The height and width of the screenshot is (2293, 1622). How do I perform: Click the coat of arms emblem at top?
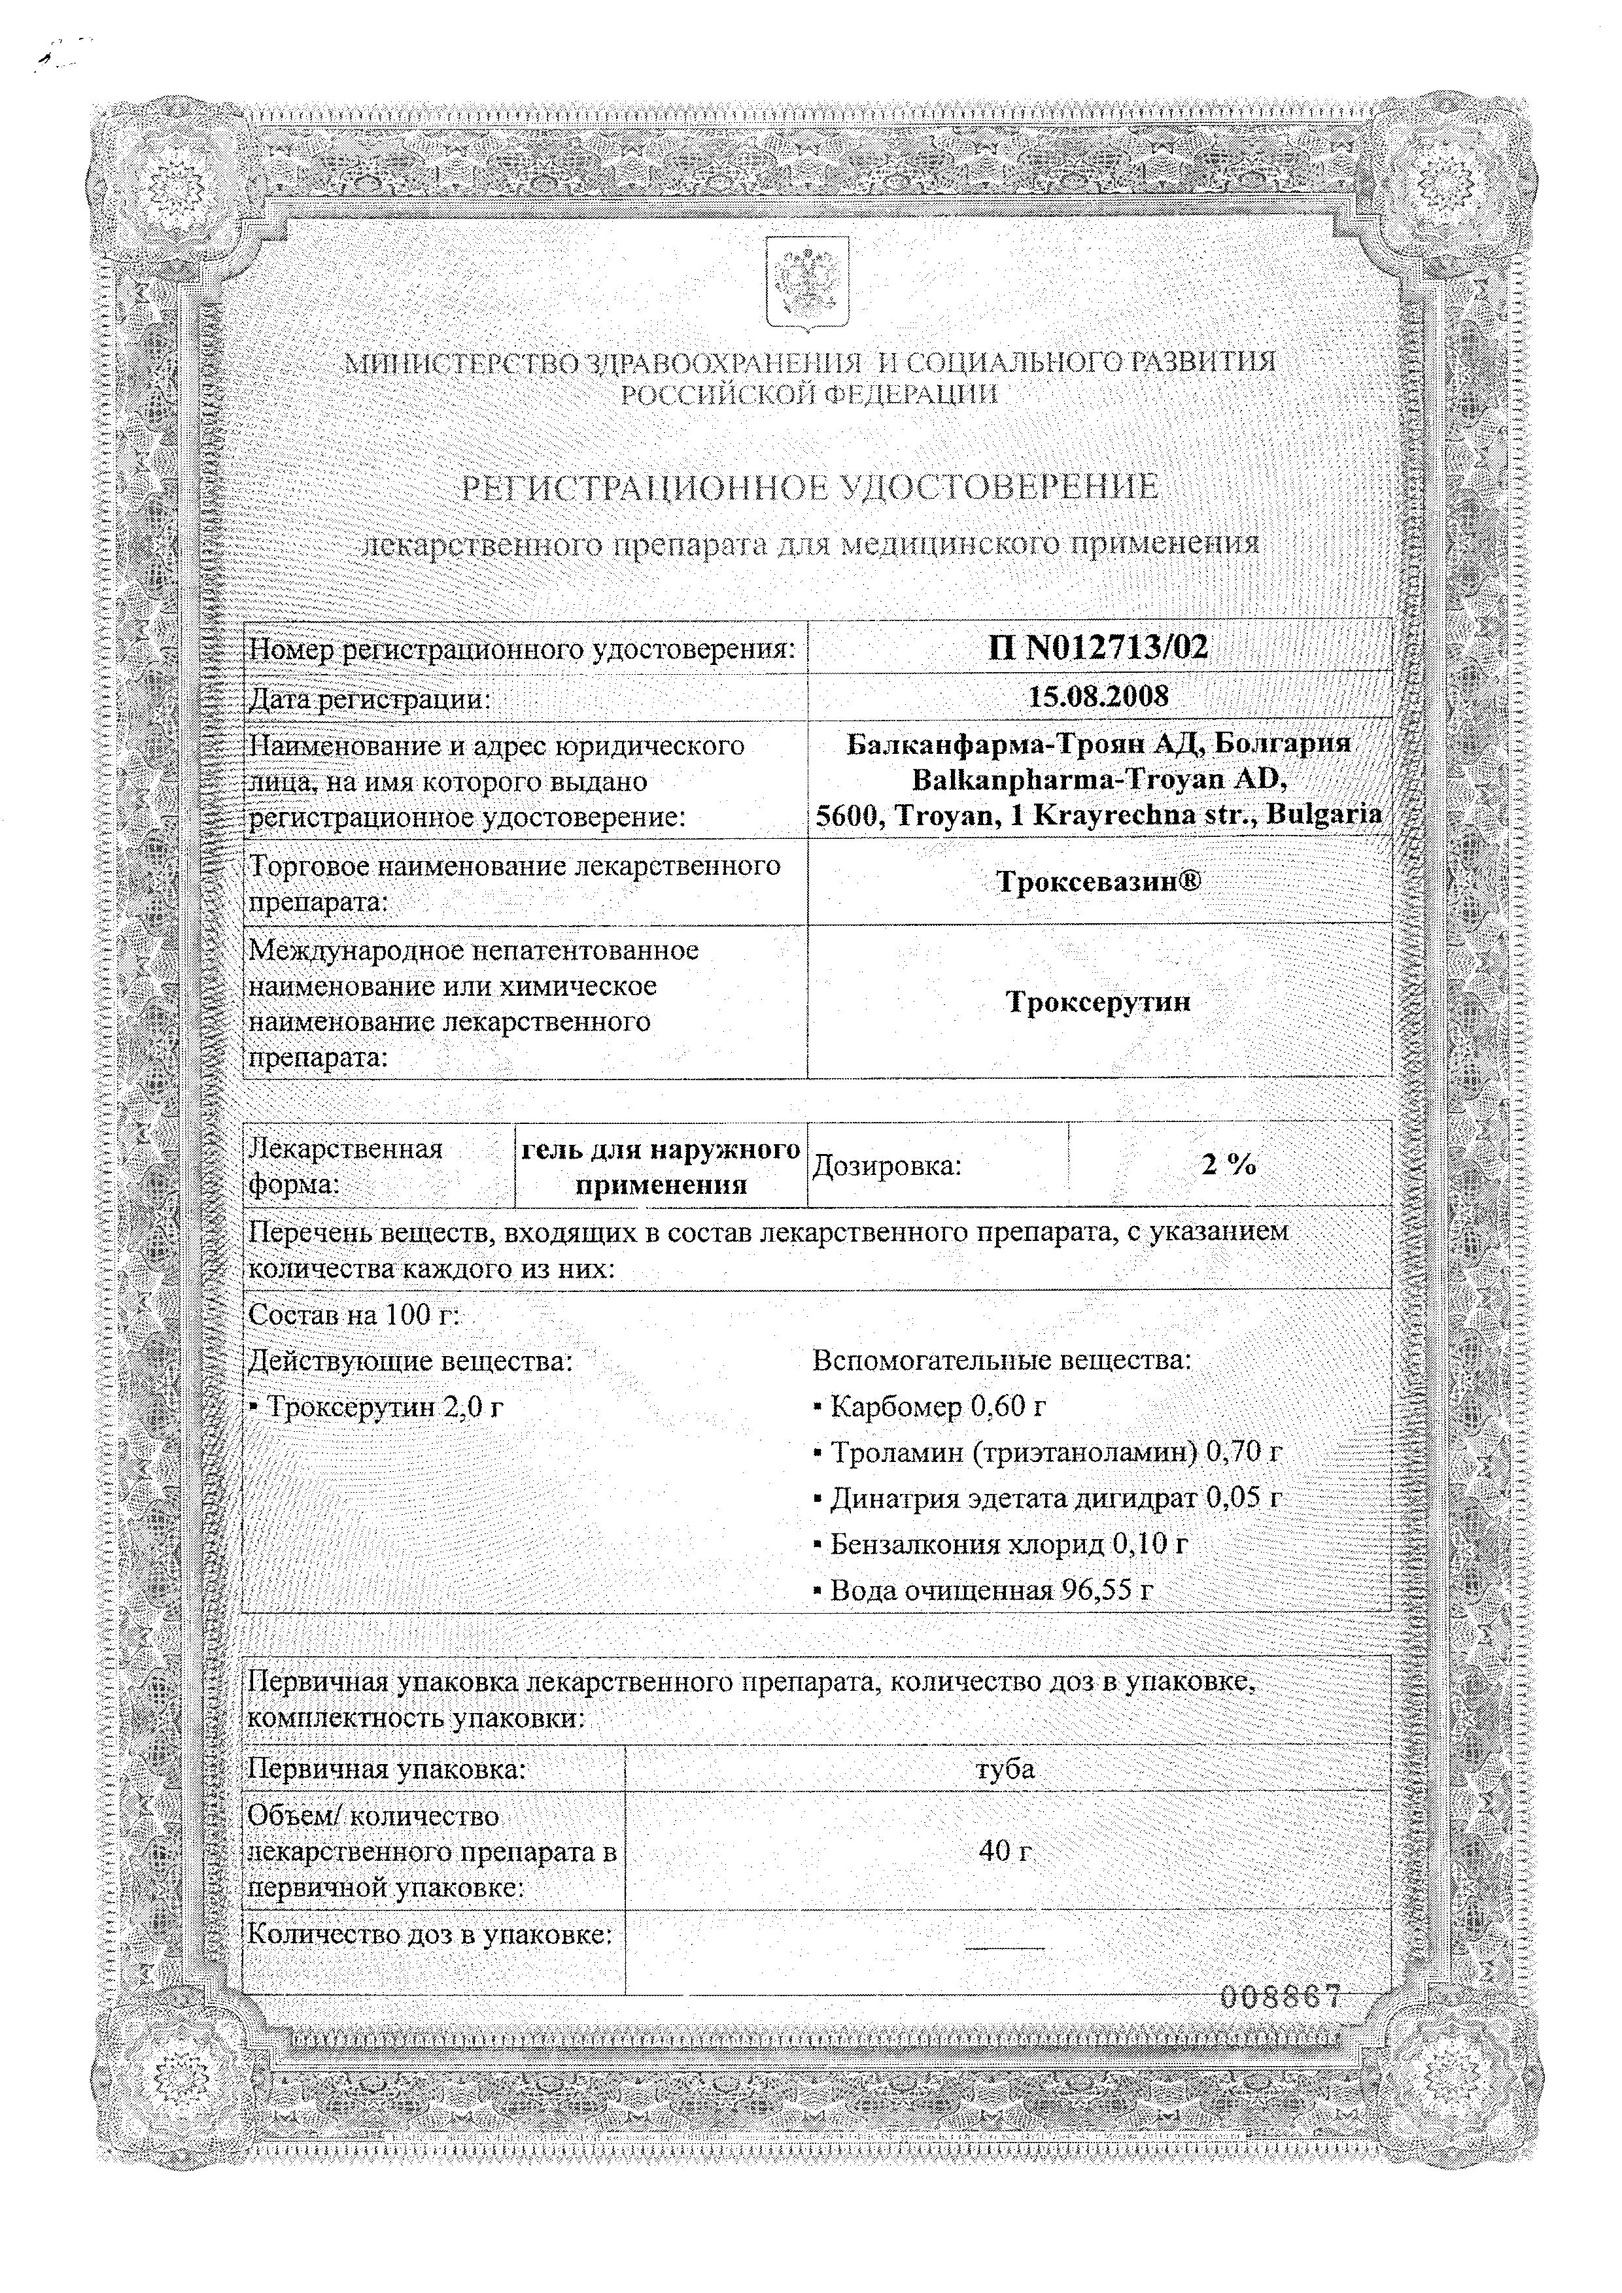tap(807, 282)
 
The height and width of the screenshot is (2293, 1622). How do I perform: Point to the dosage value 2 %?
tap(1228, 1164)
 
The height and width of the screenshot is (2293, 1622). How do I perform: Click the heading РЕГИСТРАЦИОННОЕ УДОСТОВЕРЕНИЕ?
tap(809, 487)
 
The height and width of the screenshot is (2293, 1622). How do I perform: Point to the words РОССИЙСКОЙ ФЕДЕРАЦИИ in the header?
tap(809, 394)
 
